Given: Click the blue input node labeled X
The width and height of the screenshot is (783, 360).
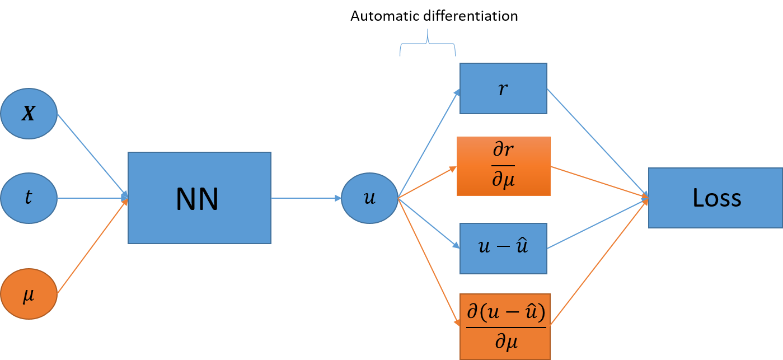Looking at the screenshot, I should click(29, 114).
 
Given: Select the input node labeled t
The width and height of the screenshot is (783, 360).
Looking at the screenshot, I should click(29, 198).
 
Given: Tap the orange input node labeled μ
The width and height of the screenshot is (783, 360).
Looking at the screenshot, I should click(29, 294).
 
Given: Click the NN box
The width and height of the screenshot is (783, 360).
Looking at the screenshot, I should click(199, 198).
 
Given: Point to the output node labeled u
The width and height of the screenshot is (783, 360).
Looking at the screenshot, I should click(369, 198).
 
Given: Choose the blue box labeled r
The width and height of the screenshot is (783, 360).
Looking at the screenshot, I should click(503, 88).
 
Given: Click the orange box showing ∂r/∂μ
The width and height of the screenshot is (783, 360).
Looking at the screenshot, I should click(503, 166).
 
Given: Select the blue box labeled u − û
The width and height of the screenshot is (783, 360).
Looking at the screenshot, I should click(503, 249).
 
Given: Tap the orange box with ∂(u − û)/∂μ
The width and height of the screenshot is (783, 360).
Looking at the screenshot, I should click(505, 326).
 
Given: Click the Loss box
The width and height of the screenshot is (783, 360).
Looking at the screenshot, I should click(715, 198).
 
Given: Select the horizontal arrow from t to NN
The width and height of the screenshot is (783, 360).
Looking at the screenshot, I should click(92, 198).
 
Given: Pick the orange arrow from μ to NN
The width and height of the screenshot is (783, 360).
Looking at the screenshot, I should click(92, 246).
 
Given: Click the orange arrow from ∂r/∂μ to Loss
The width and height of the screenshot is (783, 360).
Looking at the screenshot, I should click(599, 182).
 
